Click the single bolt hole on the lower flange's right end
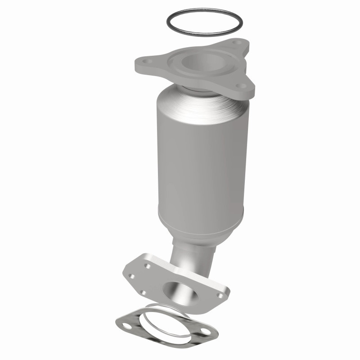[x=220, y=296]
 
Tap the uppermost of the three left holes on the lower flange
[x=147, y=267]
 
